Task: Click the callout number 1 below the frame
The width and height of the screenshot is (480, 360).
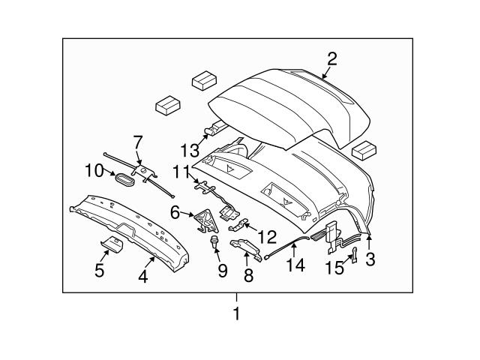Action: (236, 314)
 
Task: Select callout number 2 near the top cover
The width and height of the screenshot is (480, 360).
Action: (331, 58)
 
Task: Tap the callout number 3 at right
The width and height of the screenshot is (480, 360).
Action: (370, 259)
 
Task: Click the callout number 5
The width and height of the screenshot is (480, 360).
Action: (99, 270)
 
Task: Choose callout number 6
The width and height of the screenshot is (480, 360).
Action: (175, 212)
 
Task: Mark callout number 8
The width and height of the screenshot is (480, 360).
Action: (248, 275)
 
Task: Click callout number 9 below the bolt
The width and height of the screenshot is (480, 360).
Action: (222, 270)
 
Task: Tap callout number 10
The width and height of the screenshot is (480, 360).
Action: (94, 170)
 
